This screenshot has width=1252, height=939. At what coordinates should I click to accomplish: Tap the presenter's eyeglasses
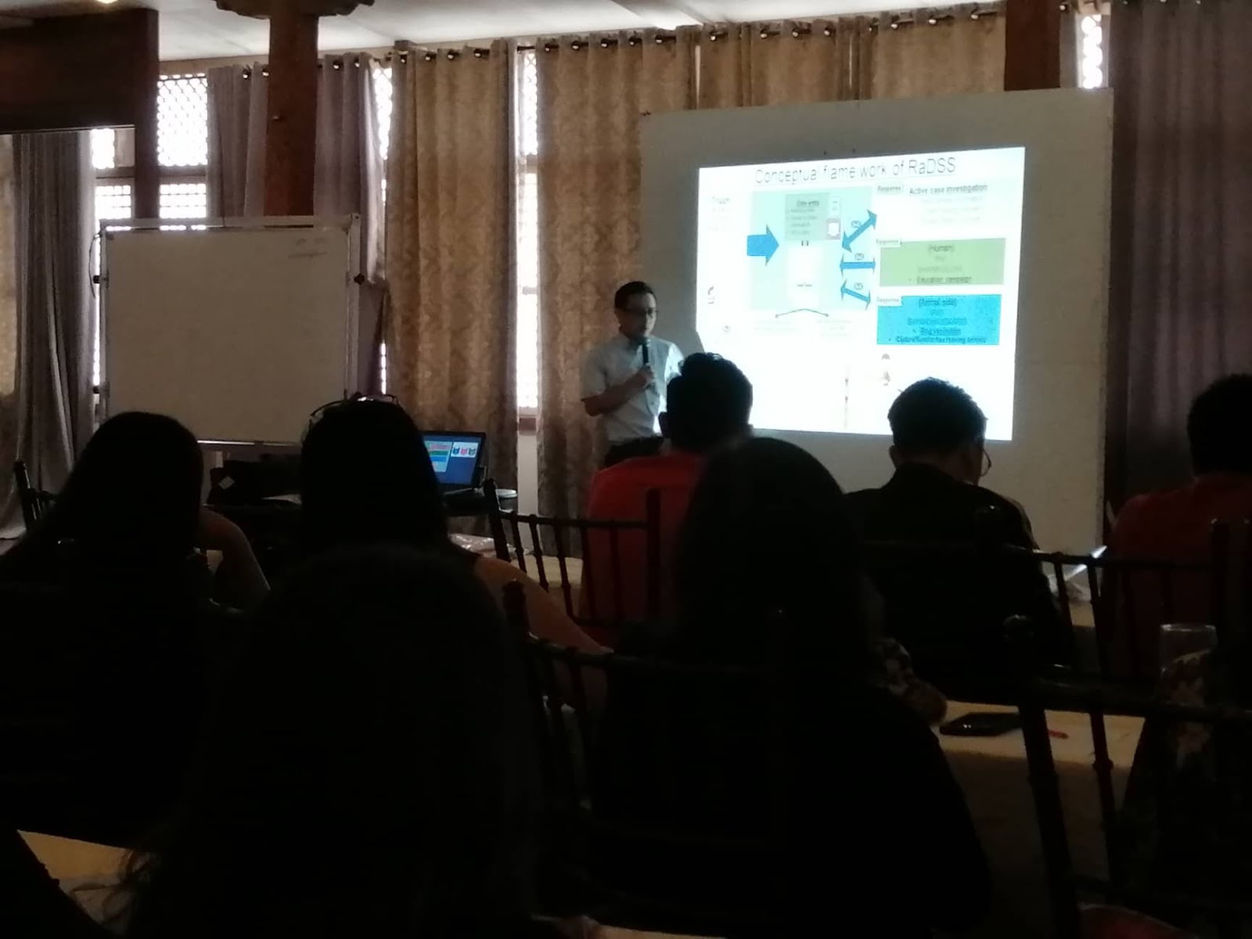pyautogui.click(x=642, y=311)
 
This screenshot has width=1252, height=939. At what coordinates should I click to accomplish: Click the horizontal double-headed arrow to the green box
pyautogui.click(x=858, y=263)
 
